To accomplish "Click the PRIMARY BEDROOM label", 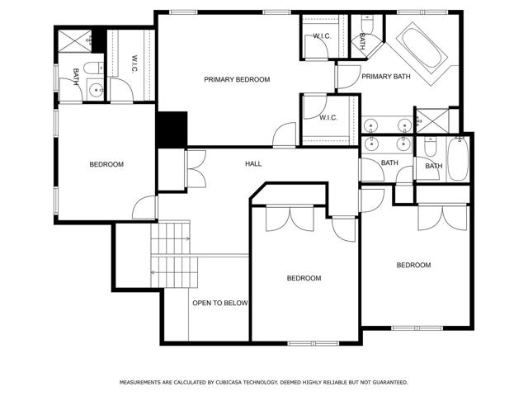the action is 237,79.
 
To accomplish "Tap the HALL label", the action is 253,163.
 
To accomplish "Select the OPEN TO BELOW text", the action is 220,303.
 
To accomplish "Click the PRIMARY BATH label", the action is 386,77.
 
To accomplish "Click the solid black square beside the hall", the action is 172,130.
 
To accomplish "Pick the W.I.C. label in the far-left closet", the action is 134,64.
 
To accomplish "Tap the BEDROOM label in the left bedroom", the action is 106,164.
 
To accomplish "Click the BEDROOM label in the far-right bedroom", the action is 413,265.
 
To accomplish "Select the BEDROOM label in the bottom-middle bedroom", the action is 304,278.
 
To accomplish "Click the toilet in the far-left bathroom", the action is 93,68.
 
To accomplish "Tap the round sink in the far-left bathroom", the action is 97,90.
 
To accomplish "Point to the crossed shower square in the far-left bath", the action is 75,41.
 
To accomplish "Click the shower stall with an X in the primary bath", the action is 432,120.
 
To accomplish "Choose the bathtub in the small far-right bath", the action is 458,159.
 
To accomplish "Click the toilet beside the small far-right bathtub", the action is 430,147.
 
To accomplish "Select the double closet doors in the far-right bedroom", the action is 442,218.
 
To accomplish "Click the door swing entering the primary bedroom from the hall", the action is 284,135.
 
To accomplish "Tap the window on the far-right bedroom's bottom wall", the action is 417,328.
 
